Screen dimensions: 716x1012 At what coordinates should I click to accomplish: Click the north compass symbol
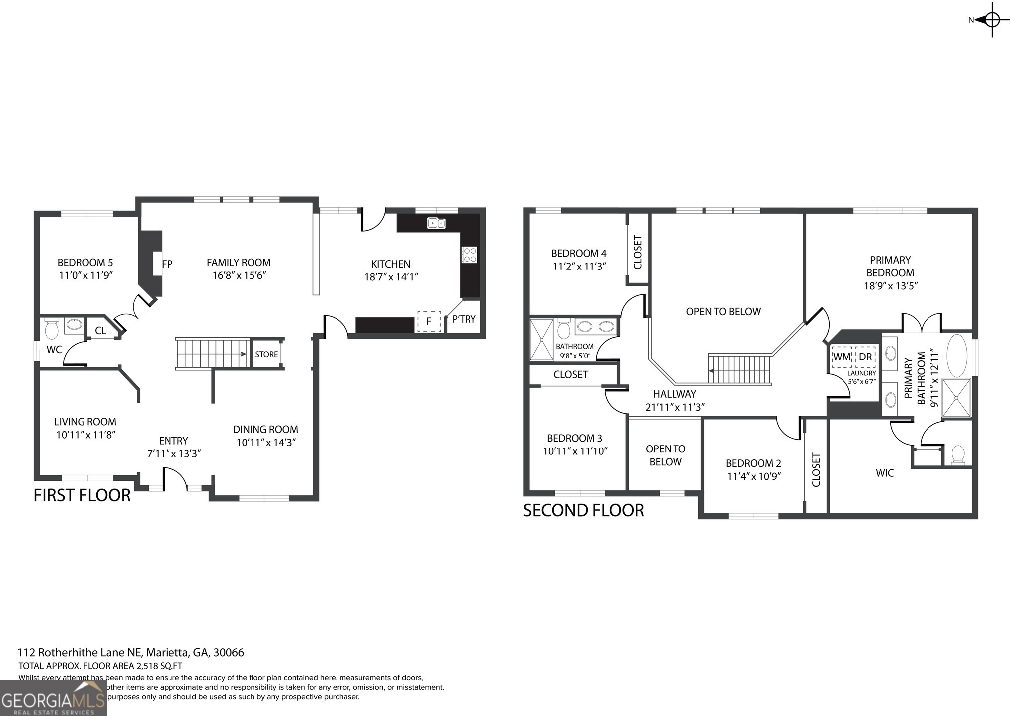point(991,20)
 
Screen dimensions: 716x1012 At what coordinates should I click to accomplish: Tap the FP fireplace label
point(167,264)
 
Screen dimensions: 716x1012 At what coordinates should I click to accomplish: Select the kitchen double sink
point(436,223)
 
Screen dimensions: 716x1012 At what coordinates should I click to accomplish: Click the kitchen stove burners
point(469,255)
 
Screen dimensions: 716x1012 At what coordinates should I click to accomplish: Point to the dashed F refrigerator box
point(429,321)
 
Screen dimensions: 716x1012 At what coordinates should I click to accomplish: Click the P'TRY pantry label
point(464,319)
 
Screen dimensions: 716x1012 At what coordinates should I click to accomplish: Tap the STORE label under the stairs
point(266,354)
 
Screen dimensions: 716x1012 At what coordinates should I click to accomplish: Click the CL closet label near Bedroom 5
point(100,331)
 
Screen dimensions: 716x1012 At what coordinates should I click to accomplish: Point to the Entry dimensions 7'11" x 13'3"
point(174,454)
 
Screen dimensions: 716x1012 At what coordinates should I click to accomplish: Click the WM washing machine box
point(841,357)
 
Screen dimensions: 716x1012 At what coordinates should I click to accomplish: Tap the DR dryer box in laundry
point(865,357)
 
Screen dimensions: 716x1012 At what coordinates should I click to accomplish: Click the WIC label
point(885,473)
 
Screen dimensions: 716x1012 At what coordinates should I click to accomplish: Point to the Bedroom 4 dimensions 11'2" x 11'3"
point(579,267)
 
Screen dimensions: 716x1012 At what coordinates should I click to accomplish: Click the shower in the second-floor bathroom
point(541,340)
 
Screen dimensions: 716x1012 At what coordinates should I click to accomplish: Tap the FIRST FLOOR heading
point(82,495)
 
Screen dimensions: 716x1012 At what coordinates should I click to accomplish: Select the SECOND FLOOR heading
point(583,510)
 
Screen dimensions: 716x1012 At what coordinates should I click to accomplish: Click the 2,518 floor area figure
point(147,666)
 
